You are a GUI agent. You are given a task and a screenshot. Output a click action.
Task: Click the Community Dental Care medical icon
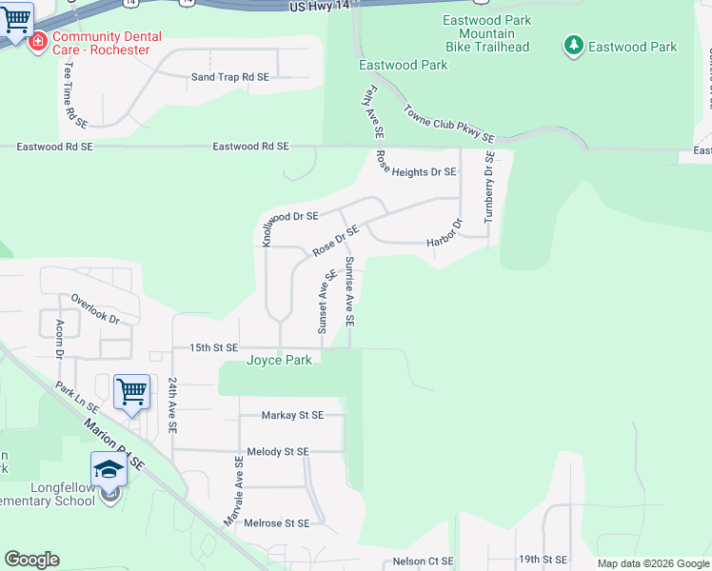38,42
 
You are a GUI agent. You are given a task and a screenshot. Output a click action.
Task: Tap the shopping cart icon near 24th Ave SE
131,391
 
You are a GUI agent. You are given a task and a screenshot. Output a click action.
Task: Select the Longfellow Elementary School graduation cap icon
109,469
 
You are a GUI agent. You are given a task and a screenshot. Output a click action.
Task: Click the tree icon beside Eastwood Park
573,45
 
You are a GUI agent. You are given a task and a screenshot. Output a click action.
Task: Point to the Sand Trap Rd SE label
230,76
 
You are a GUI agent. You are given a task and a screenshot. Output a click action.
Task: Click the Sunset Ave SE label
326,301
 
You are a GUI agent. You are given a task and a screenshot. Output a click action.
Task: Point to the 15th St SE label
207,348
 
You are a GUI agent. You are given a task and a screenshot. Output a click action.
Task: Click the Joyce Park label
280,361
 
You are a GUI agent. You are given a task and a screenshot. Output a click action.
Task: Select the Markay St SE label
293,415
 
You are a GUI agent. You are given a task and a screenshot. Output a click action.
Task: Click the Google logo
31,560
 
